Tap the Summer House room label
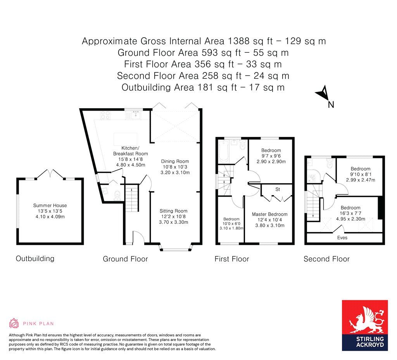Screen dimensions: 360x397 [x=50, y=205]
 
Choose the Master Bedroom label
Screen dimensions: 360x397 [x=269, y=214]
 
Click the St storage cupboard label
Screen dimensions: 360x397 [x=278, y=189]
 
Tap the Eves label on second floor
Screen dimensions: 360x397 [x=342, y=237]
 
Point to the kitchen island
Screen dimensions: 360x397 [x=125, y=139]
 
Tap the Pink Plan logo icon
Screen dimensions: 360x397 [x=14, y=323]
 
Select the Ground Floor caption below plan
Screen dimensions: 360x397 [x=125, y=259]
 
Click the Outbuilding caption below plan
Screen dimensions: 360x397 [x=35, y=258]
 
